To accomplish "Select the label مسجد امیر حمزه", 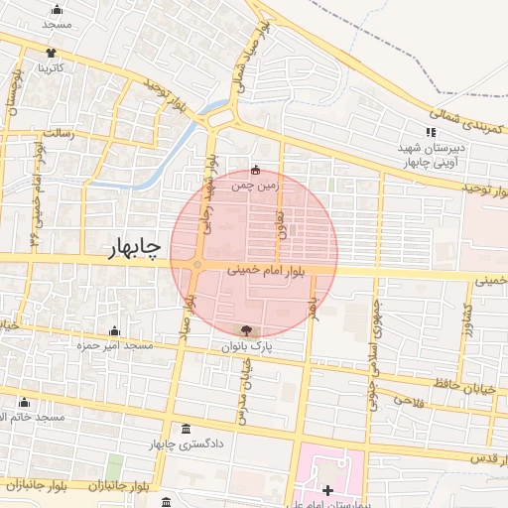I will (118, 345).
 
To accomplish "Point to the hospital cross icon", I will (328, 491).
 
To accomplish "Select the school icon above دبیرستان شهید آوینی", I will (431, 132).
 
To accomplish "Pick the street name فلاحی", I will (408, 400).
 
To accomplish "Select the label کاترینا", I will (51, 68).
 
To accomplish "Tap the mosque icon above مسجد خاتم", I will (25, 403).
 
